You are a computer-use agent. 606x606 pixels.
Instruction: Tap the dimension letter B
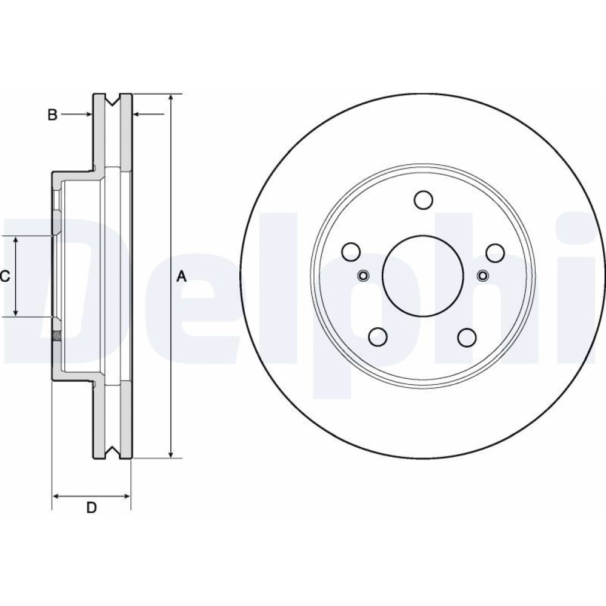click(x=53, y=115)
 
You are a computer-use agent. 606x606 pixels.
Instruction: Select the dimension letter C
click(x=5, y=276)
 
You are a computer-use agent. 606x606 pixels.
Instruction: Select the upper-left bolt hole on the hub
click(x=351, y=251)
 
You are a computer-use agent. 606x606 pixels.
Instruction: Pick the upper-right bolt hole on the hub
click(x=495, y=251)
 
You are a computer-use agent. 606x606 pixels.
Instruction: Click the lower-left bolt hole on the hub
click(x=378, y=336)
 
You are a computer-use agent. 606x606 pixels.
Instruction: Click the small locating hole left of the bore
click(x=362, y=276)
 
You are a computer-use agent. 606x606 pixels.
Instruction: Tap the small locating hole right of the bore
click(x=482, y=276)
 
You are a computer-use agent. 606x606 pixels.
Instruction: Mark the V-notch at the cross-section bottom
click(x=112, y=452)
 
